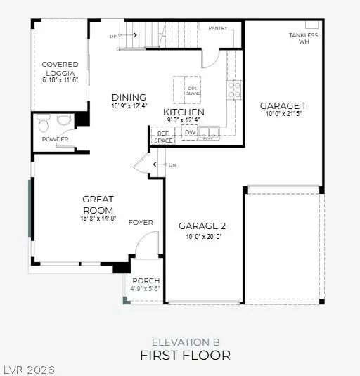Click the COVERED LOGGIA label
[x=60, y=68]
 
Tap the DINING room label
[x=129, y=97]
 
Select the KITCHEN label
[x=184, y=112]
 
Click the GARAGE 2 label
[x=202, y=226]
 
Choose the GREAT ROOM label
[x=98, y=204]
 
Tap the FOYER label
[x=141, y=222]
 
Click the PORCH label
[x=146, y=280]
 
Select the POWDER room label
[x=56, y=139]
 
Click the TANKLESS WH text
[x=304, y=38]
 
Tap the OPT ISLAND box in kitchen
[x=189, y=89]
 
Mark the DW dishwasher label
[x=190, y=131]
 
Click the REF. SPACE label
[x=163, y=137]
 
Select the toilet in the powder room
[x=44, y=124]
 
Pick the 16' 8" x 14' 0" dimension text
[x=98, y=218]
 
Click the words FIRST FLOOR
[x=185, y=355]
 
